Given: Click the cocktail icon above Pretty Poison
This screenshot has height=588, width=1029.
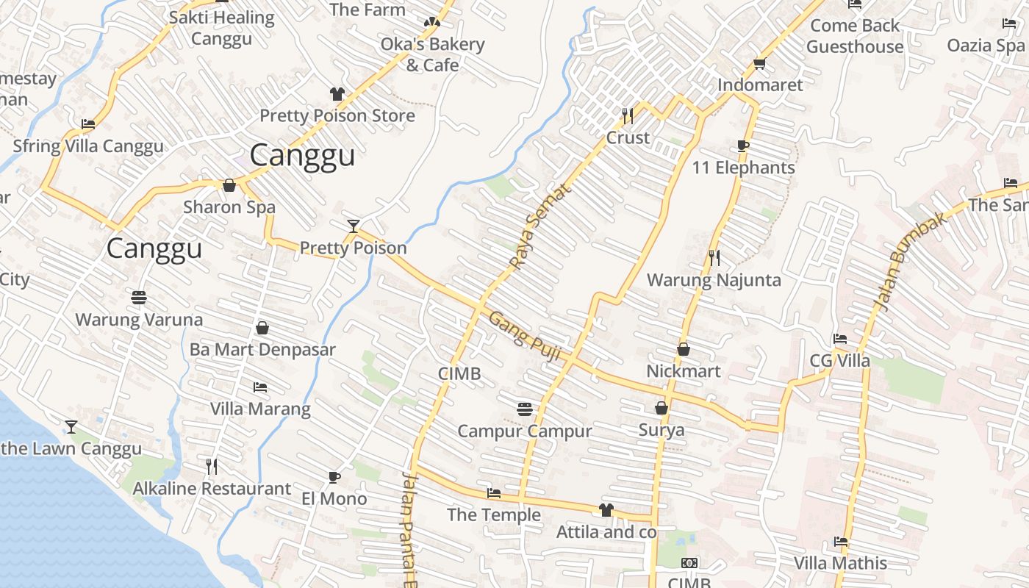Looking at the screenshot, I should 354,226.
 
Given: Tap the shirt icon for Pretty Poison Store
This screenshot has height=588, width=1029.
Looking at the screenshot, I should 337,94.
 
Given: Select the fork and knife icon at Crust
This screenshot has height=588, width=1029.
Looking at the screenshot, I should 627,115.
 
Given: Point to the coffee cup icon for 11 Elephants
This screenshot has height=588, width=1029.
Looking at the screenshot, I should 743,146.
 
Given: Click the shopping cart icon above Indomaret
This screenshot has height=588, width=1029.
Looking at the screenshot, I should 759,63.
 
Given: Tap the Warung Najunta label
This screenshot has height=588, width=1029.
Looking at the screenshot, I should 714,280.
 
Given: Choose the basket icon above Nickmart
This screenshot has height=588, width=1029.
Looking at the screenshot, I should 684,349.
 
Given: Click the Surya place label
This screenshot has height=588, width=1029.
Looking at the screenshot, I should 661,430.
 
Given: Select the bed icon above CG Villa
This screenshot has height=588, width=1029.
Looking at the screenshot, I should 839,339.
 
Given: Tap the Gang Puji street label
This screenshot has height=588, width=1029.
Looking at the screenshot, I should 526,336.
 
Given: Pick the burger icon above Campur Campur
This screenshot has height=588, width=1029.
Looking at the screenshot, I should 524,409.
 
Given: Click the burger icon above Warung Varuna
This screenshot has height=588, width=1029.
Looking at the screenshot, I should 139,298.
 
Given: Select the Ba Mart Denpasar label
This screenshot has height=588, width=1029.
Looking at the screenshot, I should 262,350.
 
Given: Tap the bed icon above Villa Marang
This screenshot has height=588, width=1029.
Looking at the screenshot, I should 260,387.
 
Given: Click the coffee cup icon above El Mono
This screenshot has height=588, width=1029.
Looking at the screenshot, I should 334,477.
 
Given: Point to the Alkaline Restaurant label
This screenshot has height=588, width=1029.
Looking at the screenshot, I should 212,489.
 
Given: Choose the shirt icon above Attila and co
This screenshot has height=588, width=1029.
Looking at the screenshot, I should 606,509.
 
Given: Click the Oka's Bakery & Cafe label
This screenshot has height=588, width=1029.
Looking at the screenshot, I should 433,54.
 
